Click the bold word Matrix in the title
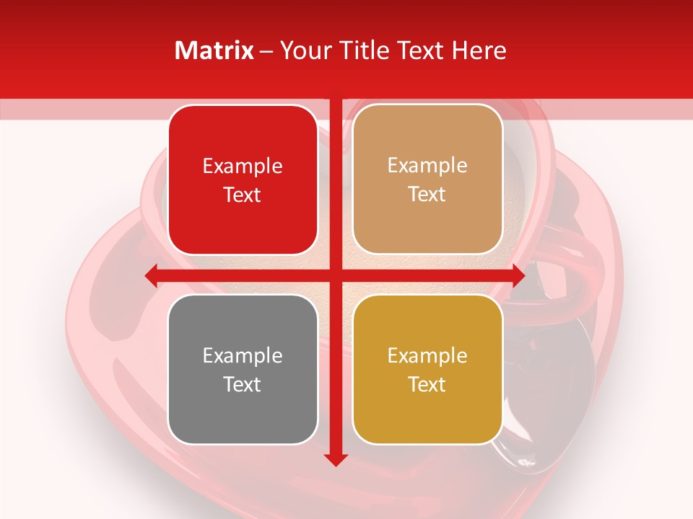coord(214,50)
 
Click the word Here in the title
coord(479,50)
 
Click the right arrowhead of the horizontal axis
coord(518,275)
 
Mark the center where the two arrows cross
coord(336,275)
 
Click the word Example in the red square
coord(243,167)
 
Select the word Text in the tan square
coord(427,195)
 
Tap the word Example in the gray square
coord(243,355)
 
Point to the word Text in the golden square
coord(427,384)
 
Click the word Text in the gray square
coord(243,384)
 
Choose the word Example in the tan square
coord(427,166)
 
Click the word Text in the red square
coord(243,195)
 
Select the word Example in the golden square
coord(427,355)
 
